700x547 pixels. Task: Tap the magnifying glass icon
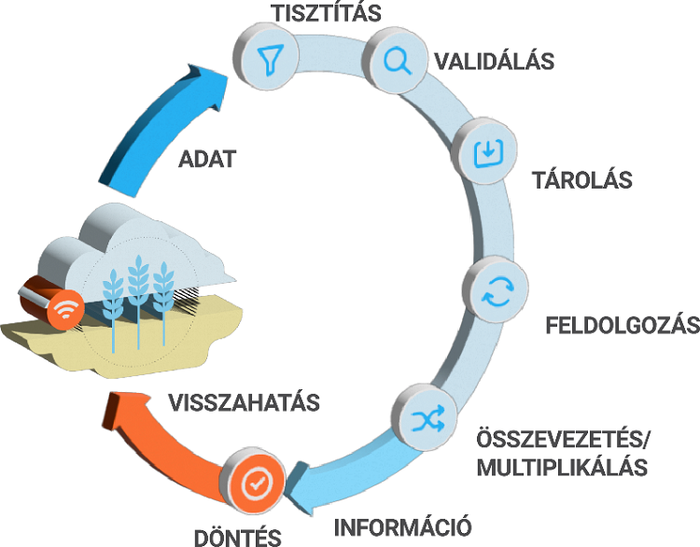coord(396,62)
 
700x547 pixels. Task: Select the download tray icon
coord(486,152)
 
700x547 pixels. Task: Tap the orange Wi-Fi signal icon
coord(64,311)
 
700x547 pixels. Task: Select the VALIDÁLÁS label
coord(495,63)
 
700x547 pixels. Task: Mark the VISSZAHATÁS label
coord(245,402)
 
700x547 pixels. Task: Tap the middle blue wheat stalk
coord(139,289)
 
